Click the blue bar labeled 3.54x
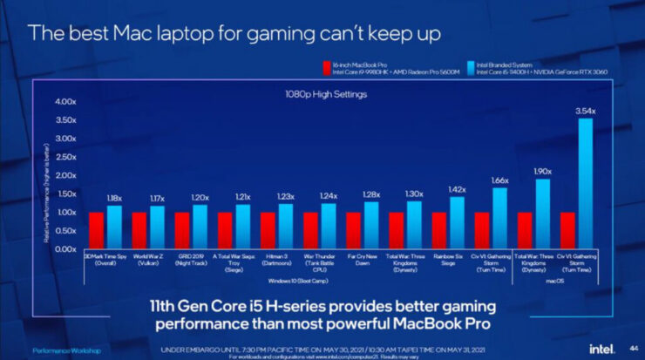(586, 183)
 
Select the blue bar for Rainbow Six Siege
(457, 222)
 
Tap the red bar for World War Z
(139, 230)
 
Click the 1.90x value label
(543, 172)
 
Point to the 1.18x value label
(113, 199)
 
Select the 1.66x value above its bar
(499, 180)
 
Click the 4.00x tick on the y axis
(66, 101)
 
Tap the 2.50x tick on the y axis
(66, 157)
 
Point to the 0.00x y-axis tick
(66, 249)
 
